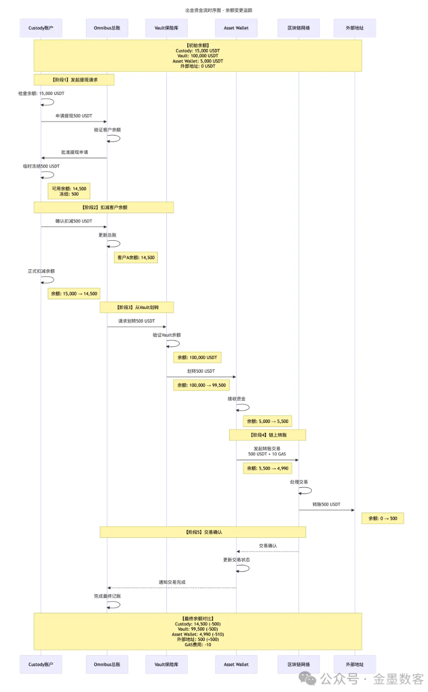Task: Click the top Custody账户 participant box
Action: [x=41, y=28]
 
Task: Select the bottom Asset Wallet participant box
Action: [x=236, y=664]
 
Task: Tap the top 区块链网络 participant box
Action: [x=298, y=28]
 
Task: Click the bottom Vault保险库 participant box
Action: [x=166, y=664]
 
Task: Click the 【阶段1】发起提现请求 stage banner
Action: [x=74, y=80]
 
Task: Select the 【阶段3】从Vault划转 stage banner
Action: [x=137, y=307]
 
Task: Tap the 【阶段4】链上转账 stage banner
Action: [x=267, y=435]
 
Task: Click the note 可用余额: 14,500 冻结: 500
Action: [x=69, y=191]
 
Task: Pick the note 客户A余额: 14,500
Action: [x=136, y=258]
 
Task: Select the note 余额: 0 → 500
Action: [x=383, y=518]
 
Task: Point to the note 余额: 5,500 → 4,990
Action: [x=267, y=468]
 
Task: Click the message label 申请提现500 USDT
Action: [x=73, y=116]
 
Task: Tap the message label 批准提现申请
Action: [x=74, y=152]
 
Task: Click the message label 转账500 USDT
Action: [x=326, y=504]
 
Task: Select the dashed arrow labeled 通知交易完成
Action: [x=172, y=587]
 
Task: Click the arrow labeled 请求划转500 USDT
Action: [x=137, y=327]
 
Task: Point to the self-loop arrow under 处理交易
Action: [x=306, y=490]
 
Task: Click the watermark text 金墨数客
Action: [x=399, y=678]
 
